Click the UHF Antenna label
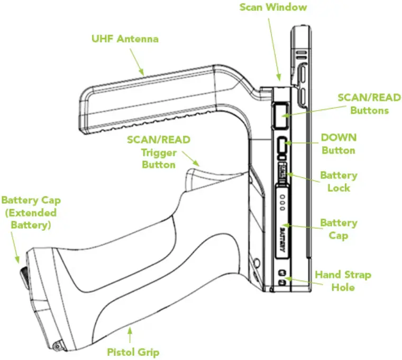[x=125, y=39]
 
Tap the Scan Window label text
[x=273, y=7]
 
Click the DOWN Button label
[x=339, y=143]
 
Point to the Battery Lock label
[x=339, y=182]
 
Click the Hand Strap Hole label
[x=343, y=281]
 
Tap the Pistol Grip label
[x=133, y=352]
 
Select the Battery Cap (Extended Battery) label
[x=31, y=212]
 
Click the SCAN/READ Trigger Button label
[x=158, y=152]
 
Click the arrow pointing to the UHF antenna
[x=136, y=65]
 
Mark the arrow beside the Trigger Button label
[x=190, y=157]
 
